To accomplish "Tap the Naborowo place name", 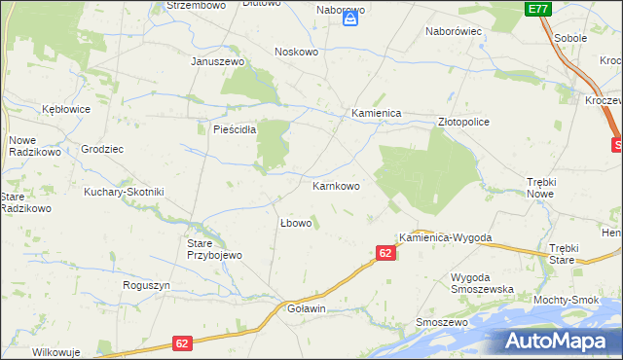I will tap(341, 9).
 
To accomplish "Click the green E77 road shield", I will tap(537, 9).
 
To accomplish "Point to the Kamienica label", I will tap(377, 113).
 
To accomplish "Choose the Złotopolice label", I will tap(463, 123).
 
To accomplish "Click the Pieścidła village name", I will tap(228, 128).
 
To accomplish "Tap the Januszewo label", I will tap(216, 60).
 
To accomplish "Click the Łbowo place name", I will tap(295, 223).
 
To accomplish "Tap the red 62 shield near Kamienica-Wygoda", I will tap(385, 253).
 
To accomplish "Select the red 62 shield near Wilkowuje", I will tap(183, 343).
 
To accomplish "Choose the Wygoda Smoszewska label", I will tap(482, 283).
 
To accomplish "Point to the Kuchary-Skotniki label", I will tap(124, 192).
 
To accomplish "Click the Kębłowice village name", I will tap(65, 109).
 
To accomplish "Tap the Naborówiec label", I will tap(455, 31).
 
